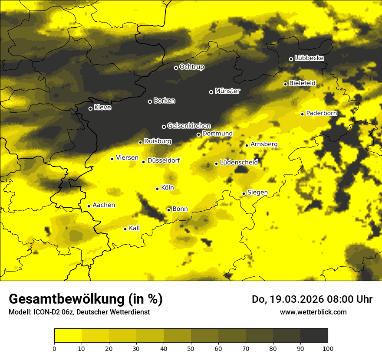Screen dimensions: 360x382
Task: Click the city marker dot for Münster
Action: click(x=211, y=92)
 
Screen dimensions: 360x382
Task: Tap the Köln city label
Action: click(x=167, y=188)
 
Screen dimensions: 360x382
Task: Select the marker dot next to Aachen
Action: click(x=89, y=206)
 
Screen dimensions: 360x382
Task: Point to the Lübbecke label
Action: click(x=309, y=58)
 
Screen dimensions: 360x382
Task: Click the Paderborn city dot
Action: click(x=303, y=114)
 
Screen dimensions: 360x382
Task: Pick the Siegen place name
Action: click(x=257, y=193)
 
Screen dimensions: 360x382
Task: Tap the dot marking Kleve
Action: click(x=91, y=108)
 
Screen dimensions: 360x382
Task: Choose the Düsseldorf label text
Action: click(x=163, y=161)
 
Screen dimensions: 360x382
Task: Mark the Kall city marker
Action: click(x=125, y=229)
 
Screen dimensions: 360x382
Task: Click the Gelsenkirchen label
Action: click(x=189, y=126)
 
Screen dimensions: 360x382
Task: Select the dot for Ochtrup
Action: click(x=176, y=68)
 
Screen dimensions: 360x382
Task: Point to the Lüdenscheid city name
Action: click(x=239, y=163)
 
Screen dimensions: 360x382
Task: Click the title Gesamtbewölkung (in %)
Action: click(x=86, y=299)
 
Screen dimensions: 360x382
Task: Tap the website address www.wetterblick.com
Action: click(x=313, y=312)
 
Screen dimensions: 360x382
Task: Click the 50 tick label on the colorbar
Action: click(x=191, y=348)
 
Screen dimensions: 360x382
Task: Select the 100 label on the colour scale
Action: click(x=328, y=348)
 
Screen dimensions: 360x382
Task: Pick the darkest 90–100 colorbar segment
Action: click(x=314, y=336)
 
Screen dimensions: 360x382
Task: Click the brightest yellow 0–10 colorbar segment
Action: click(x=68, y=336)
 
